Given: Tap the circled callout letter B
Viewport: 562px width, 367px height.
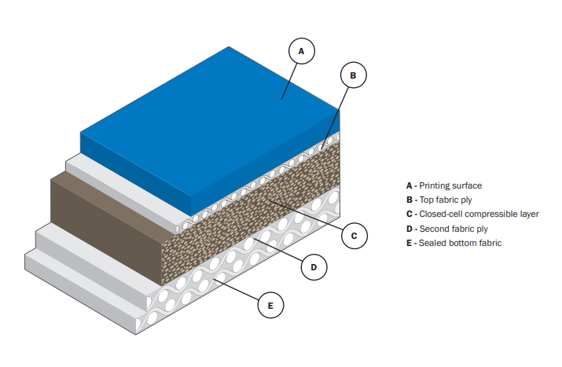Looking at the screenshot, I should (353, 75).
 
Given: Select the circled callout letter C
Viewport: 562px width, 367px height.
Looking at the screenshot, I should (354, 235).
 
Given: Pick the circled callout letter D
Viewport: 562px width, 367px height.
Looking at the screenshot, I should (314, 267).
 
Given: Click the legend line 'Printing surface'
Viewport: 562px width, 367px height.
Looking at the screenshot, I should (443, 185).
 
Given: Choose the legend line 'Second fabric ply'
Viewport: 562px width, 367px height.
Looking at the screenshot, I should (445, 229).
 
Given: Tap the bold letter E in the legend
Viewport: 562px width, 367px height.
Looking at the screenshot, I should (409, 243).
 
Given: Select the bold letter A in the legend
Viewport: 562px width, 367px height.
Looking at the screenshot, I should (409, 185).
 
